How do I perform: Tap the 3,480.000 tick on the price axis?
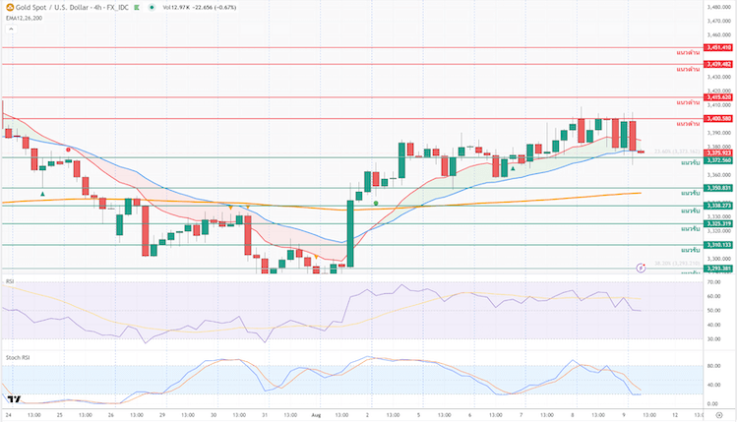(718, 7)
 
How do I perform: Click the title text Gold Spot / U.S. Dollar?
(49, 7)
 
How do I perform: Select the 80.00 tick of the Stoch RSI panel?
(715, 366)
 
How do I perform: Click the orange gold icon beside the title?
(8, 7)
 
